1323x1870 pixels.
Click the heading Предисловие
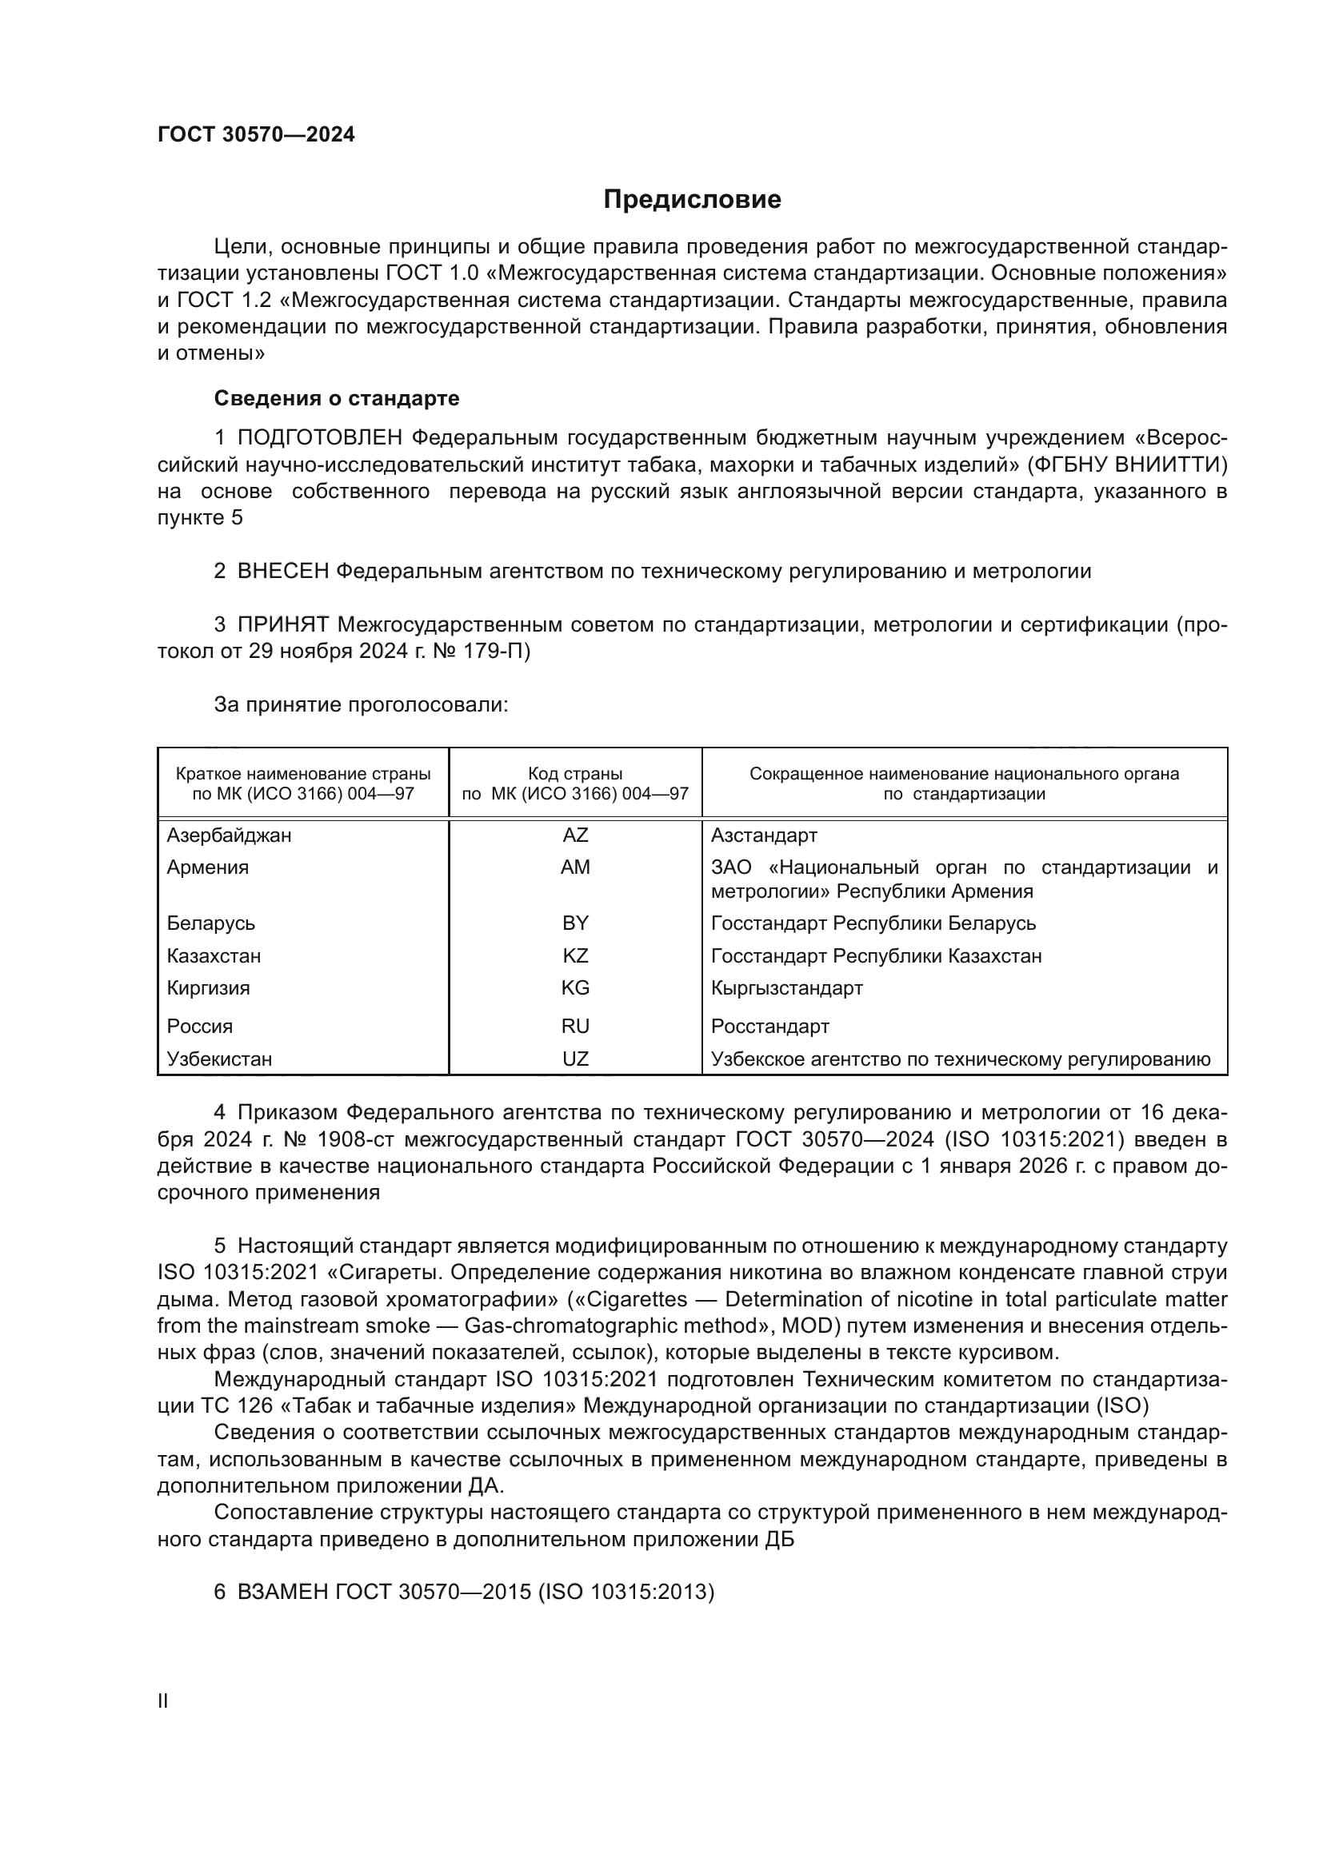click(692, 200)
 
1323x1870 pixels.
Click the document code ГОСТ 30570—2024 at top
click(256, 135)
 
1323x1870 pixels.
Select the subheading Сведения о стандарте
click(337, 398)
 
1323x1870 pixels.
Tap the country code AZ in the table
click(575, 835)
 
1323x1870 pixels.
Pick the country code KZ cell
click(575, 955)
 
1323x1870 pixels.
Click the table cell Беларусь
click(211, 923)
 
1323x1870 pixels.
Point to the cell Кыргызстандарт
click(786, 988)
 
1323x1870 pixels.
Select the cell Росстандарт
click(769, 1027)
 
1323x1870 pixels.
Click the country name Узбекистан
click(219, 1059)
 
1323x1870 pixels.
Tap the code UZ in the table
click(575, 1059)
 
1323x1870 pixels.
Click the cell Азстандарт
click(763, 835)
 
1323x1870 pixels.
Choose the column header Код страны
click(575, 774)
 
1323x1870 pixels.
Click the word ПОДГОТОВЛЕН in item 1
click(319, 438)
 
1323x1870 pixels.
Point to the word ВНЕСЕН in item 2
click(282, 571)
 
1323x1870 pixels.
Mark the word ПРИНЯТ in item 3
click(282, 624)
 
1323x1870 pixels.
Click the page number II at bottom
click(163, 1701)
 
